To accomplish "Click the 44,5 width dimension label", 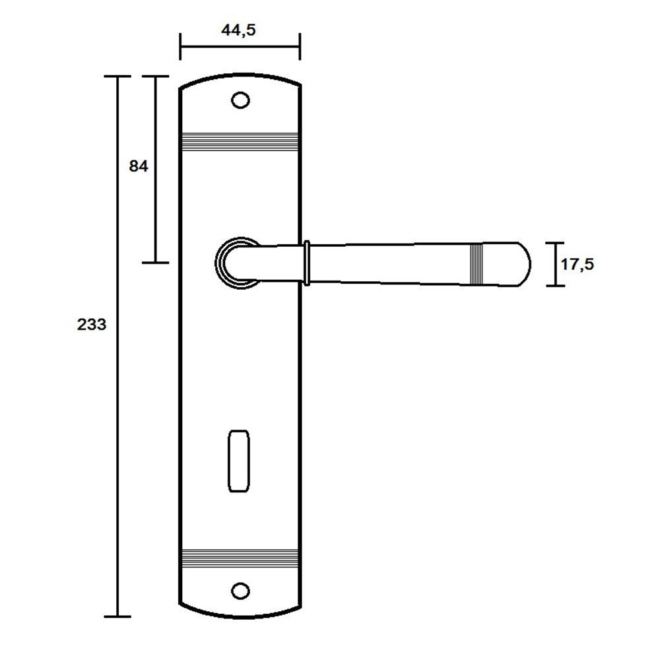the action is click(x=238, y=31).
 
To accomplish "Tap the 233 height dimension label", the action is click(x=91, y=325).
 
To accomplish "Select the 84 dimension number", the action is click(x=139, y=167).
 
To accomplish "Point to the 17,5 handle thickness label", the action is click(x=577, y=265).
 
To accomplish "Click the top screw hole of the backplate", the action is click(x=241, y=100).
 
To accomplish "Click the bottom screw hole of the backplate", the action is click(x=240, y=591).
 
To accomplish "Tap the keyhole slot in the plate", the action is click(x=239, y=461).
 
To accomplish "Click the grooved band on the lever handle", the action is click(x=476, y=264).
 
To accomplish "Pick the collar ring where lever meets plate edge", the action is click(x=306, y=263).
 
